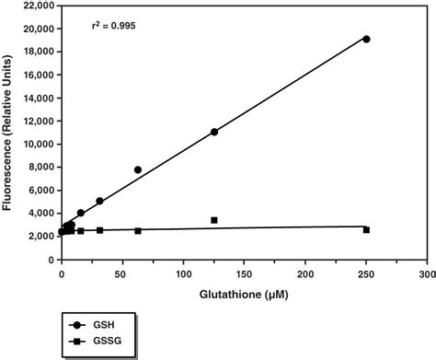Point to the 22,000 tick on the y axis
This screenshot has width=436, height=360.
tap(36, 6)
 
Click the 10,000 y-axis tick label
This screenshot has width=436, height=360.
tap(36, 145)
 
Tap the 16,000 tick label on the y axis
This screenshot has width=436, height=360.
tap(36, 75)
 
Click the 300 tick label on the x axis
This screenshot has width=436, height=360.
tap(427, 273)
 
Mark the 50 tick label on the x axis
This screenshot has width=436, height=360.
tap(123, 273)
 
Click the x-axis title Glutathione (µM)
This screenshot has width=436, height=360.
tap(244, 295)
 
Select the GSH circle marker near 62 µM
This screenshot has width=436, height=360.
tap(138, 169)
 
